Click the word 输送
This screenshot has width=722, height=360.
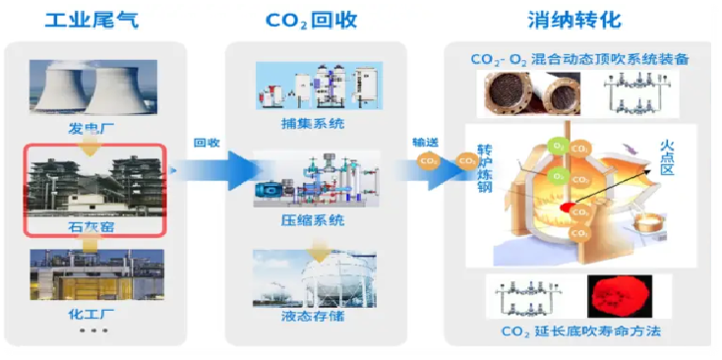pos(425,142)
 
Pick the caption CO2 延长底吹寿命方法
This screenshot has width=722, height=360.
pos(580,332)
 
